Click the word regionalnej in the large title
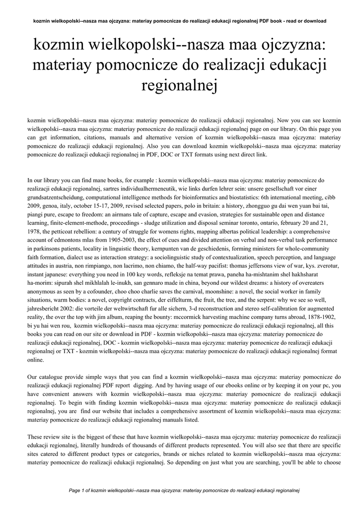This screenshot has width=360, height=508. pyautogui.click(x=180, y=87)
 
